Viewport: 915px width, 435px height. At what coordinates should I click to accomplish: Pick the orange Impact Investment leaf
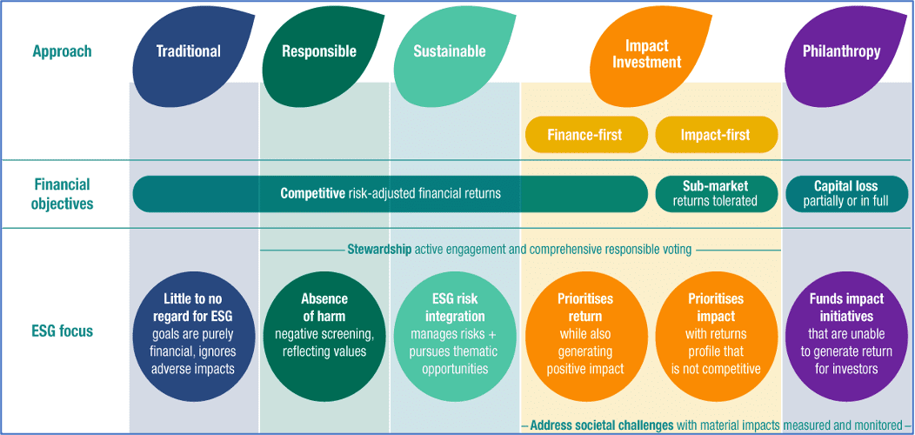[x=646, y=52]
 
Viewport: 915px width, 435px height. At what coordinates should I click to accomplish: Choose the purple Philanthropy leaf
[x=841, y=51]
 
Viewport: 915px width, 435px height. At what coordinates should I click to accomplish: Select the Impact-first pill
[x=717, y=135]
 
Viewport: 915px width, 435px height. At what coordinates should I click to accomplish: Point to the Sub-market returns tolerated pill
[x=717, y=193]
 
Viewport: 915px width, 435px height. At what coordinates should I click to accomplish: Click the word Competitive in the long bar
[x=311, y=193]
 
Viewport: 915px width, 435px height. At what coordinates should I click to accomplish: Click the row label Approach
[x=62, y=50]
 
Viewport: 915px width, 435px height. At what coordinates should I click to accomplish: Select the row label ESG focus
[x=63, y=331]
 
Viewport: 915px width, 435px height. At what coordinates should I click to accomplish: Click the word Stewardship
[x=379, y=250]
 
